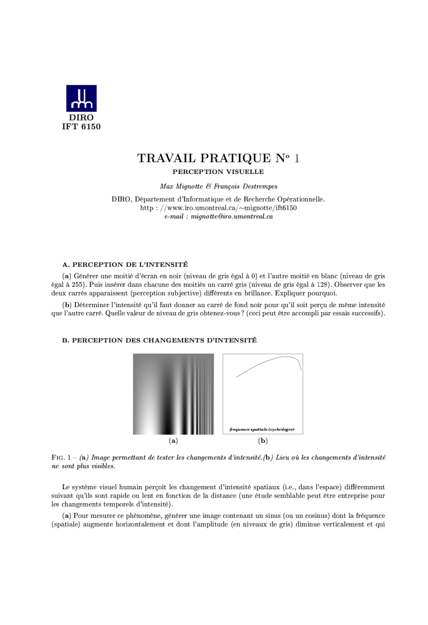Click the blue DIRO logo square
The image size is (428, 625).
point(82,98)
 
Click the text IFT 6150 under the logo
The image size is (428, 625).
point(82,127)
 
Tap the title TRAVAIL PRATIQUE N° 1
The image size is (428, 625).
point(218,158)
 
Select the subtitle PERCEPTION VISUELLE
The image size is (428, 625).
point(218,172)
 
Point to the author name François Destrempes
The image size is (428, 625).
point(246,186)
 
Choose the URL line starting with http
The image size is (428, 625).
point(218,208)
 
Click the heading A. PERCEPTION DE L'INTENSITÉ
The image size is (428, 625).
point(125,264)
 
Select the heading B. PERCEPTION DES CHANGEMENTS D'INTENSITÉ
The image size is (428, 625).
point(159,340)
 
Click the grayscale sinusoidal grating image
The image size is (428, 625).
point(173,394)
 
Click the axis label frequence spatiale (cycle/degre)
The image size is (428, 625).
point(262,429)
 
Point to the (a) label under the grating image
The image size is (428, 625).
point(173,440)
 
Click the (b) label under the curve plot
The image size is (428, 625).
point(263,440)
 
